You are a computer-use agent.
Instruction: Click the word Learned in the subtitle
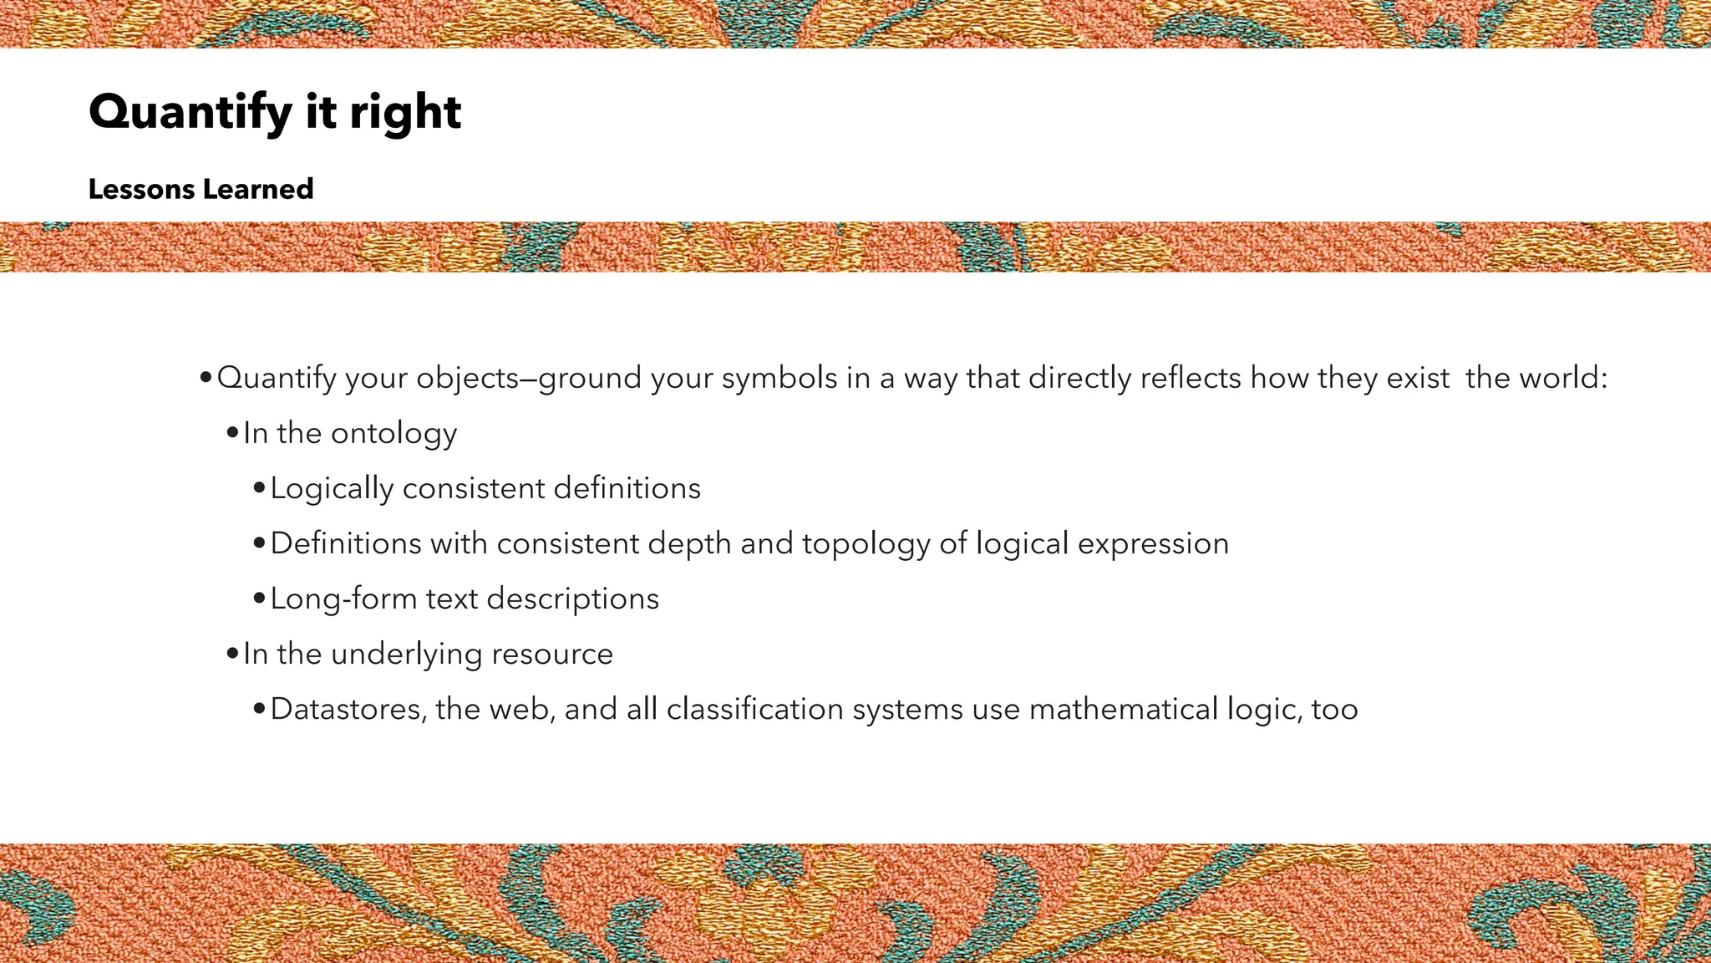point(258,190)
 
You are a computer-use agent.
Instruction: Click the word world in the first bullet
point(1558,379)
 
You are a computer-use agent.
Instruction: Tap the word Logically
point(332,489)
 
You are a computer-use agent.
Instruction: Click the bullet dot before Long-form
point(259,599)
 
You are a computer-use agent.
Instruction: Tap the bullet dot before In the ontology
point(232,434)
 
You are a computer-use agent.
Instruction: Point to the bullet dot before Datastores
point(259,710)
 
